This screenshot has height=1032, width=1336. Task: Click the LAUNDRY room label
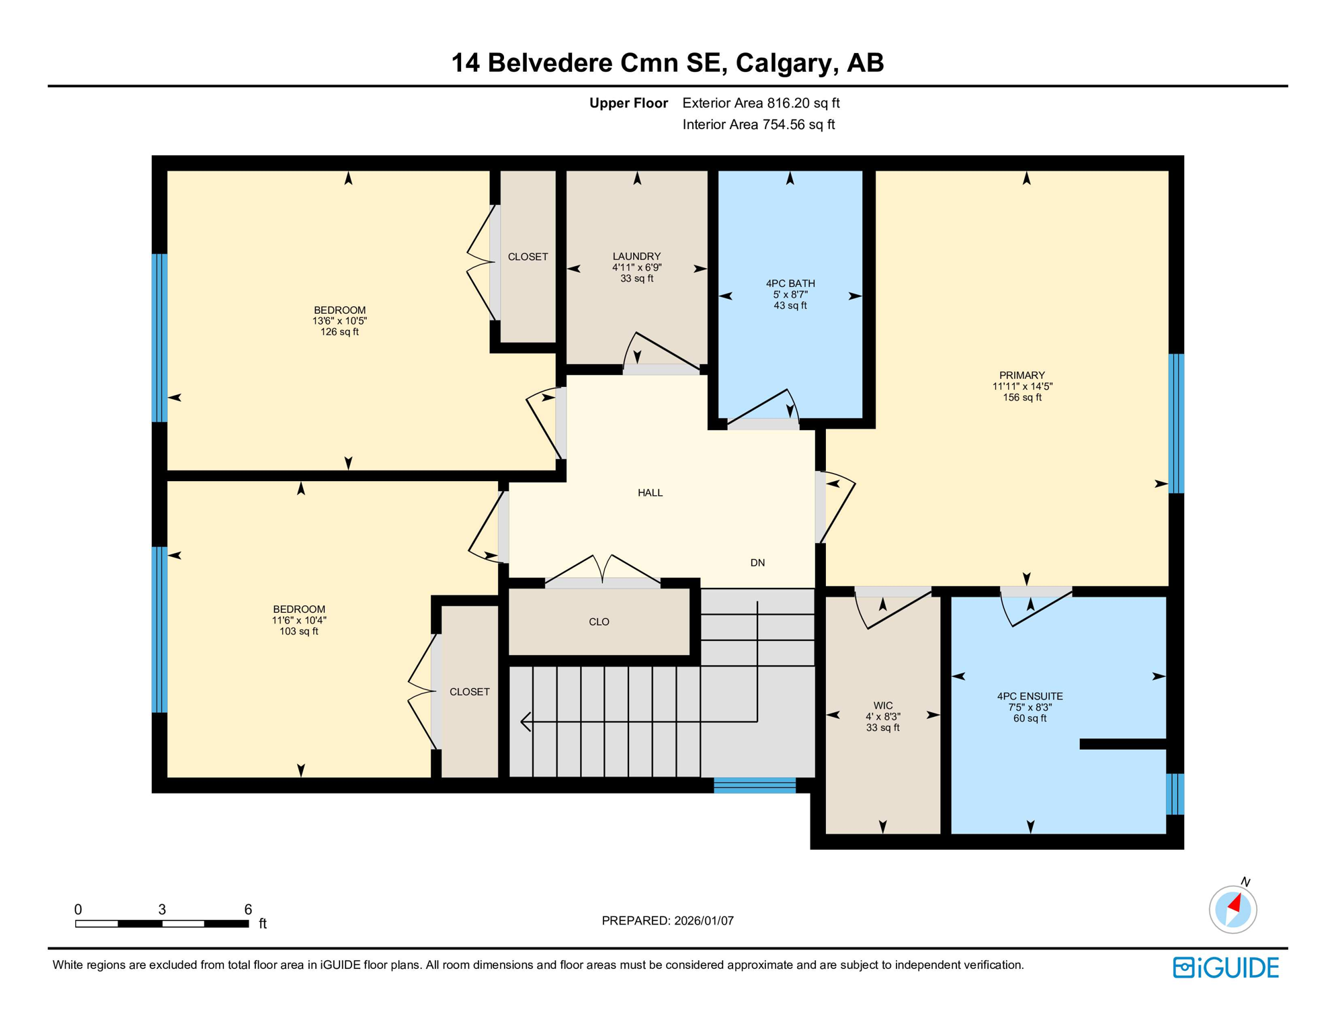click(x=636, y=256)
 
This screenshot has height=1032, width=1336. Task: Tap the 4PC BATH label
click(x=790, y=284)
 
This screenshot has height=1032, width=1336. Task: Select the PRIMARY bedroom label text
click(x=1021, y=376)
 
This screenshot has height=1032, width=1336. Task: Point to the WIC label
click(x=882, y=705)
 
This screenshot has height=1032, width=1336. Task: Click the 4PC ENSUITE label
click(x=1030, y=697)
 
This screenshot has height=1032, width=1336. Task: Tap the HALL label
click(x=650, y=493)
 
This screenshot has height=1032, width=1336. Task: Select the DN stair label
click(x=757, y=563)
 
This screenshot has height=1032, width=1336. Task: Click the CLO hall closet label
click(x=599, y=622)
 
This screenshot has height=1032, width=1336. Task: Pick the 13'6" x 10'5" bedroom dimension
click(x=339, y=321)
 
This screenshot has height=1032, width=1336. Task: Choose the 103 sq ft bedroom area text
click(x=299, y=632)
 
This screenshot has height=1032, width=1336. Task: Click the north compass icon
click(x=1233, y=909)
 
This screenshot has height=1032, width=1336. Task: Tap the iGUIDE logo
click(x=1226, y=967)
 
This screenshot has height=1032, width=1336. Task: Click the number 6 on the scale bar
click(x=248, y=910)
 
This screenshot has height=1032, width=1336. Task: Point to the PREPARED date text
click(x=667, y=921)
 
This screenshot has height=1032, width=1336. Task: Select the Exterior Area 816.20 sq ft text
click(x=761, y=103)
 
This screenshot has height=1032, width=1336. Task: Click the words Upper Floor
click(x=628, y=103)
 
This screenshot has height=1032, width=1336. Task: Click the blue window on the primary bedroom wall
click(x=1175, y=423)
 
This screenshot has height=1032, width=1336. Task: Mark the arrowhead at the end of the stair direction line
click(x=525, y=722)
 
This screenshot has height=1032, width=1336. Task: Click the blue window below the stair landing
click(x=754, y=785)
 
